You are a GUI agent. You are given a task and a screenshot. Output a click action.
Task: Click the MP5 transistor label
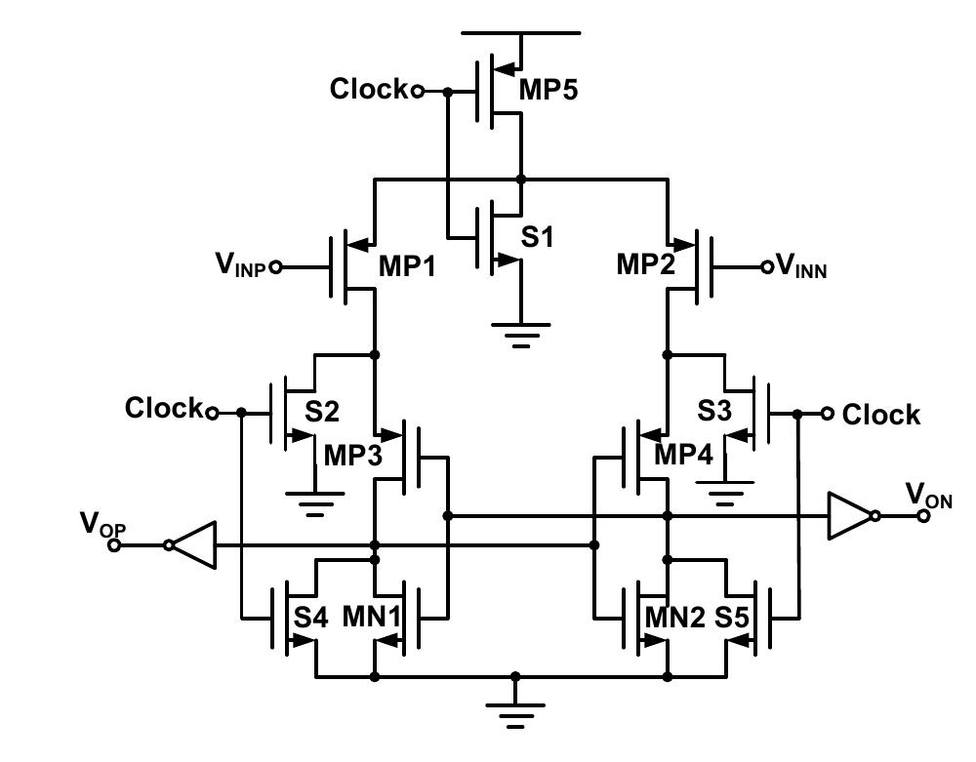click(x=548, y=91)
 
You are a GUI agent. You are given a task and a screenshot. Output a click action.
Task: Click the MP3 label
click(x=353, y=457)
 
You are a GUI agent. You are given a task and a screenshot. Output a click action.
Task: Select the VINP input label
click(x=241, y=263)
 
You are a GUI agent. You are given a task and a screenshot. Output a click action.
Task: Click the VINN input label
click(x=800, y=265)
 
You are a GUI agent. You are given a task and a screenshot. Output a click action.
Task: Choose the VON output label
click(x=928, y=496)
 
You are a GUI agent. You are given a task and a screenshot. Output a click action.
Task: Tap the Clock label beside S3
click(x=880, y=415)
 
